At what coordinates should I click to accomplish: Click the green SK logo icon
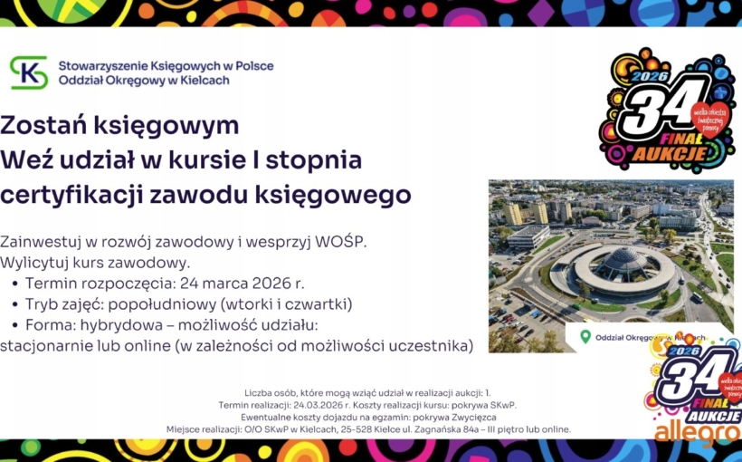[29, 72]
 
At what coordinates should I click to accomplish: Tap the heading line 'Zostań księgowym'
[120, 125]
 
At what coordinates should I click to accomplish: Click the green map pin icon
[585, 336]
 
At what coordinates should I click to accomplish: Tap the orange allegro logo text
[697, 433]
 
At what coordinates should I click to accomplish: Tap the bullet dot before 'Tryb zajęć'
[15, 304]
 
